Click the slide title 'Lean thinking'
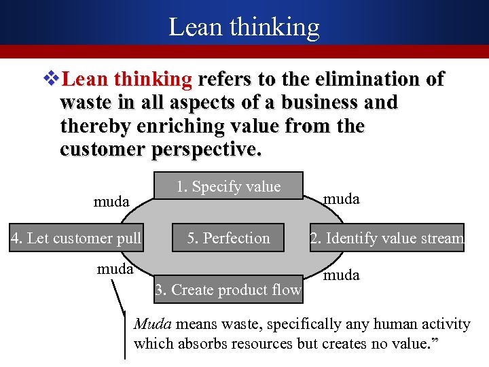[x=244, y=27]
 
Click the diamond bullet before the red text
[x=52, y=80]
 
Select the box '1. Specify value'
[x=228, y=187]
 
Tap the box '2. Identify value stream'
[x=387, y=238]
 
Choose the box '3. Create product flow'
[x=228, y=290]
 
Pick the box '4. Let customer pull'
[x=76, y=238]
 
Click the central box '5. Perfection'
[x=228, y=238]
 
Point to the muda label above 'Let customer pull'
[x=111, y=202]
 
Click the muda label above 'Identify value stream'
[x=342, y=198]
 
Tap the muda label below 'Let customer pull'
[x=115, y=268]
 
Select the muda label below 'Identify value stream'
[x=342, y=276]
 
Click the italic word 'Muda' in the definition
[x=153, y=324]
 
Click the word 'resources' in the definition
[x=260, y=343]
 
